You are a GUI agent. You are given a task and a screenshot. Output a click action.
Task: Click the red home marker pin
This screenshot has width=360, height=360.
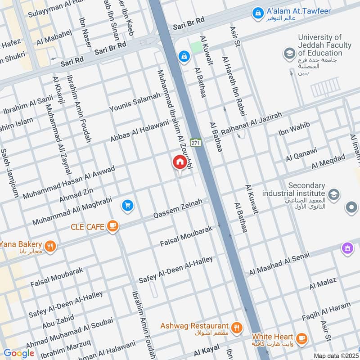[179, 162]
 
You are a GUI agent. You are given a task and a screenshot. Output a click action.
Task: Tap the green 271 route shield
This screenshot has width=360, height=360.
[195, 142]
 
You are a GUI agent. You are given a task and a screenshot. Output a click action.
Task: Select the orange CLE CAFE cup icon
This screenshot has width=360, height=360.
[112, 227]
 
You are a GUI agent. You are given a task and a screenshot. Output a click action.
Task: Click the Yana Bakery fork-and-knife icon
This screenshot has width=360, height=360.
[49, 246]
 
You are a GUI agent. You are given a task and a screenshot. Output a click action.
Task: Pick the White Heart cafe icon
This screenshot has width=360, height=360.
[301, 337]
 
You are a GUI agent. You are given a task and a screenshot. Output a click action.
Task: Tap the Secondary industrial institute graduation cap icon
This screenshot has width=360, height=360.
[334, 194]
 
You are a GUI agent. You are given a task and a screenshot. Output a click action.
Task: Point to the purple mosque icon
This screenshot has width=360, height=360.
[347, 248]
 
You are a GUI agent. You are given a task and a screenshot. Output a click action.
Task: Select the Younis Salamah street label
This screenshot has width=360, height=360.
[135, 103]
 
